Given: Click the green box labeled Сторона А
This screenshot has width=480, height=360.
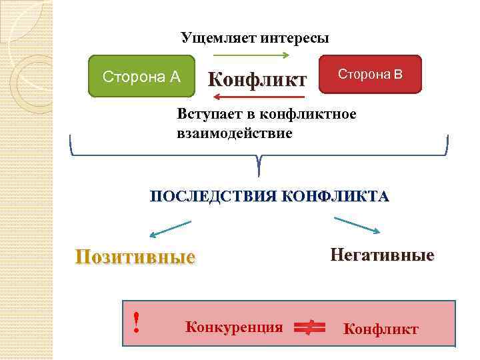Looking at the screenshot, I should (x=141, y=76).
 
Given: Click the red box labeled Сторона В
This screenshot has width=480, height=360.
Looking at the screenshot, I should (x=371, y=73).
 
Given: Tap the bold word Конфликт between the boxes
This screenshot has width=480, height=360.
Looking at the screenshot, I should (x=257, y=80).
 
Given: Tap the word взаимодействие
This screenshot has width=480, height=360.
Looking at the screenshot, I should (x=234, y=133).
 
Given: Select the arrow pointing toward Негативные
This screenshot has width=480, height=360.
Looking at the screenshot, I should (x=357, y=225).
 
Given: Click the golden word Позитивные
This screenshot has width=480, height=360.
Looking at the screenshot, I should (x=135, y=257).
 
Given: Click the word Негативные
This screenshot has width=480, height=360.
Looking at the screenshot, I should (x=382, y=255).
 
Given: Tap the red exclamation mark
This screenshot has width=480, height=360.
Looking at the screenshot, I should (x=136, y=323).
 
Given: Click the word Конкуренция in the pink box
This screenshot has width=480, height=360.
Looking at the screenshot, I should (x=234, y=327).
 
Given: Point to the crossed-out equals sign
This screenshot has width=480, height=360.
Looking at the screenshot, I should (x=308, y=326).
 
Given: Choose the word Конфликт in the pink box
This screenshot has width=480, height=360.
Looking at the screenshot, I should (x=381, y=329).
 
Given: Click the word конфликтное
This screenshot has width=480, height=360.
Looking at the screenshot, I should (x=308, y=114).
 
